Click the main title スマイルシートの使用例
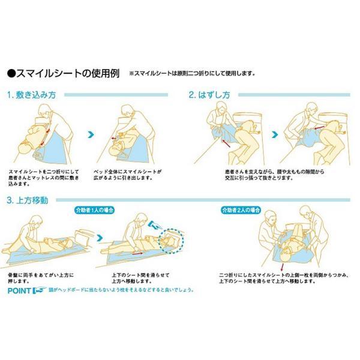67,75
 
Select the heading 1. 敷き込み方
31,95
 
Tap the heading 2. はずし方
209,95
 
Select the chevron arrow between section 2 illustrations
274,134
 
